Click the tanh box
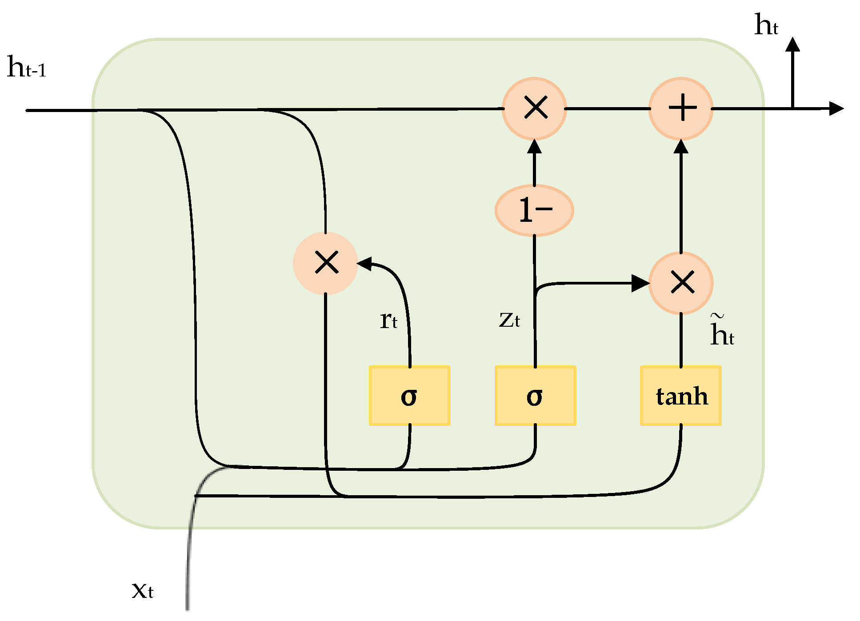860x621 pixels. pos(680,396)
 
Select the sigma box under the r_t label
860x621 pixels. pos(409,396)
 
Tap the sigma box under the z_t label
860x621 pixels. pos(535,396)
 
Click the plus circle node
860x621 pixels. pos(681,108)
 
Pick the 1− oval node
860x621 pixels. pos(534,210)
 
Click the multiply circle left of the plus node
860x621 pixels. pos(535,108)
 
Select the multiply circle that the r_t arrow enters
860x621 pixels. pos(326,263)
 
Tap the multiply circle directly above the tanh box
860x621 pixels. pos(681,283)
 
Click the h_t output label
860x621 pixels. pos(766,25)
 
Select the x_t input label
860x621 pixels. pos(143,590)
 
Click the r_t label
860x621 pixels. pos(388,320)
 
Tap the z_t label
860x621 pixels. pos(509,320)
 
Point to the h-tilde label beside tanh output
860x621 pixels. pos(721,331)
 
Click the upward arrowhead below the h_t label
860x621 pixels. pos(792,44)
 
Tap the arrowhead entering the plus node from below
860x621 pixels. pos(681,147)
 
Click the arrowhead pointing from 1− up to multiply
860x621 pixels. pos(534,147)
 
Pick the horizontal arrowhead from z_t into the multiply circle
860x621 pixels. pos(640,283)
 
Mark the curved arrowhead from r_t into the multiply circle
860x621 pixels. pos(364,264)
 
